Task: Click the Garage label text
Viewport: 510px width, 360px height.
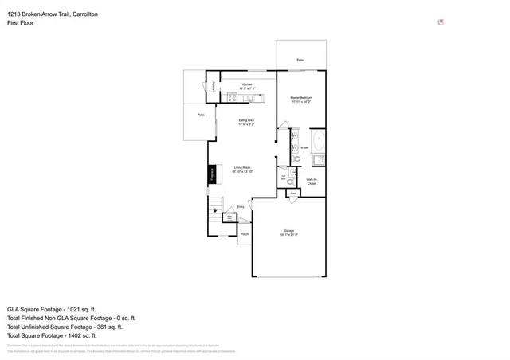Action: coord(288,232)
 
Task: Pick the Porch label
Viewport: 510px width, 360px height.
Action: coord(245,234)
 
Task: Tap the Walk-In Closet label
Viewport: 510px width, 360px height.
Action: coord(312,182)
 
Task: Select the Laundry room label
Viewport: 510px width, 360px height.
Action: coord(214,88)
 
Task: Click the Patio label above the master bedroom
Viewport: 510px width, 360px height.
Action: coord(300,60)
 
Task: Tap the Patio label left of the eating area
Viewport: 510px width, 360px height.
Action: coord(201,115)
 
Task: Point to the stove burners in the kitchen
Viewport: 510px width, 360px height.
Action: coord(232,98)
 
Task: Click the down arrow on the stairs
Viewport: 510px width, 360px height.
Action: coord(214,210)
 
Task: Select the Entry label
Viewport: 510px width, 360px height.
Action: coord(241,207)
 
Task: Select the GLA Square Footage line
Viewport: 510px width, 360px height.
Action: coord(51,308)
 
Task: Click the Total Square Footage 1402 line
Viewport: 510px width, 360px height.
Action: coord(52,335)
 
